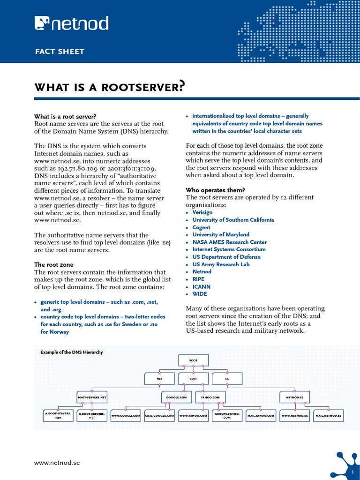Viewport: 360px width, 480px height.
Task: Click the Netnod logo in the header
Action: pos(72,23)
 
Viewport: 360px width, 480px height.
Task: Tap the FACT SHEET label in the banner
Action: pos(60,52)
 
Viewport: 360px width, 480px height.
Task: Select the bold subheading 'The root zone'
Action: pos(54,264)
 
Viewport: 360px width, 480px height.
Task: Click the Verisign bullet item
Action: pos(202,212)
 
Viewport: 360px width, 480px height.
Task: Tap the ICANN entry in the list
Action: pos(202,286)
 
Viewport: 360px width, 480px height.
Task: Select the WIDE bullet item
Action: pos(200,294)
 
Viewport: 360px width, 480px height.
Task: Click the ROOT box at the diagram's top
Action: pos(193,360)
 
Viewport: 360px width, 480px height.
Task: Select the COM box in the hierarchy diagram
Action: pos(193,378)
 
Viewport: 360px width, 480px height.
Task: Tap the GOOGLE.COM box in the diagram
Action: pos(177,397)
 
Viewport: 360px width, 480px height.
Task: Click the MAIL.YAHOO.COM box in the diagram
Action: pos(261,415)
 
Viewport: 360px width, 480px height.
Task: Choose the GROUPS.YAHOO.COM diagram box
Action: pos(227,415)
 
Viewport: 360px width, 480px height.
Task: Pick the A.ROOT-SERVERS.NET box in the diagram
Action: pos(58,415)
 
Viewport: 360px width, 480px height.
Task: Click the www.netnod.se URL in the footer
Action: pos(57,463)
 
